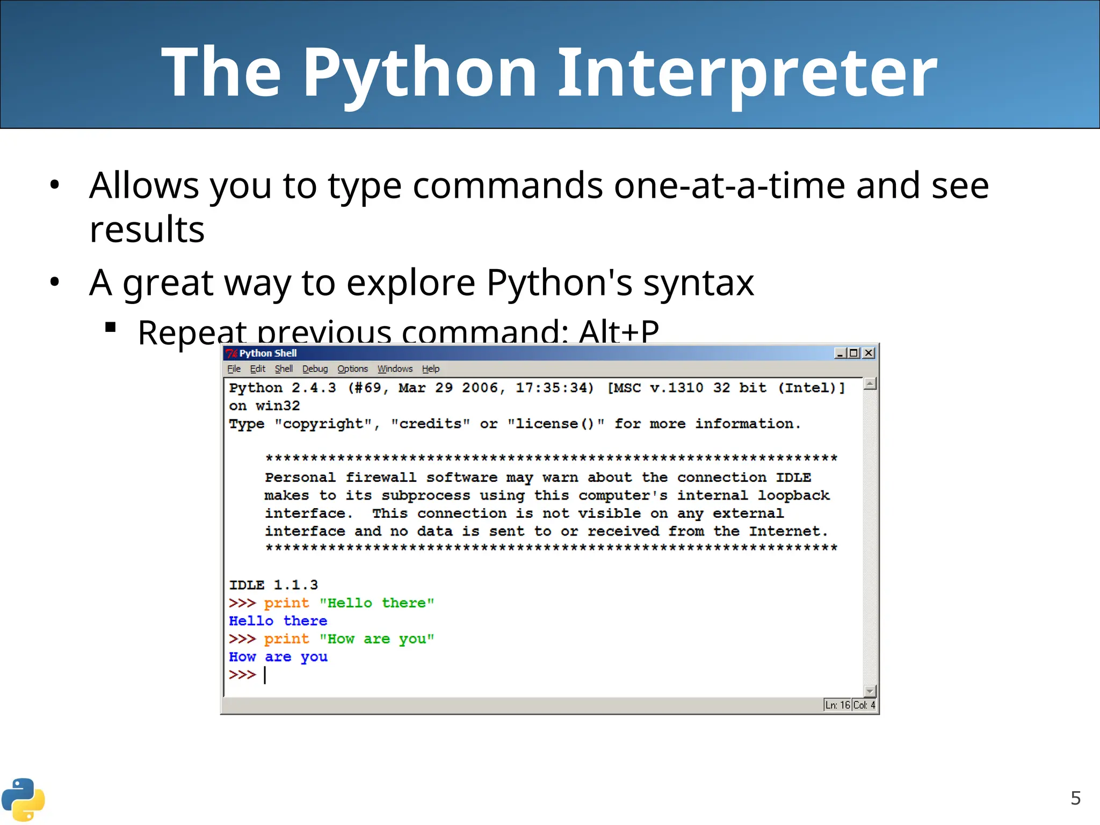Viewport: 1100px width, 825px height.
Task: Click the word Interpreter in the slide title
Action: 748,73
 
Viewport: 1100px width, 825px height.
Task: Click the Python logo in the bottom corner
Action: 23,799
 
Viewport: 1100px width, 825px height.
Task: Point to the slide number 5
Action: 1075,798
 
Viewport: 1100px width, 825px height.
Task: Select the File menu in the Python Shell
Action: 234,369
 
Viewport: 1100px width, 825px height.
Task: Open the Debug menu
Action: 315,369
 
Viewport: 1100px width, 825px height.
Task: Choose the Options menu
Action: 352,369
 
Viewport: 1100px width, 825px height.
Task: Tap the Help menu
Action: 430,369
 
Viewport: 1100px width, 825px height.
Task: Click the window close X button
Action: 868,353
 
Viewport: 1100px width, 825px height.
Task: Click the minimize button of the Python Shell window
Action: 840,353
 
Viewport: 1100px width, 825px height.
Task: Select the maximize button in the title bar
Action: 853,353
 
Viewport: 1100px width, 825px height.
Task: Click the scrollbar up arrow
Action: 870,383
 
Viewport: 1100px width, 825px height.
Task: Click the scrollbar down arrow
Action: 870,691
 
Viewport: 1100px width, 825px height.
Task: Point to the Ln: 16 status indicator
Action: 837,705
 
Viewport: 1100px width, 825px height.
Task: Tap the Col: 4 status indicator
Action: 864,705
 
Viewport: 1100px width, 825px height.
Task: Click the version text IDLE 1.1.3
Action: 273,585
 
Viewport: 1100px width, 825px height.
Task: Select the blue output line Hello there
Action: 278,621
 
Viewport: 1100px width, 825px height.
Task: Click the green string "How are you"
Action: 377,639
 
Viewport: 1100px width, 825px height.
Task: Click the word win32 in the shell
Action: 277,406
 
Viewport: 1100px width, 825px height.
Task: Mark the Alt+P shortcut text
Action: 619,331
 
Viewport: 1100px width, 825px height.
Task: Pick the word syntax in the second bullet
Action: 698,283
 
